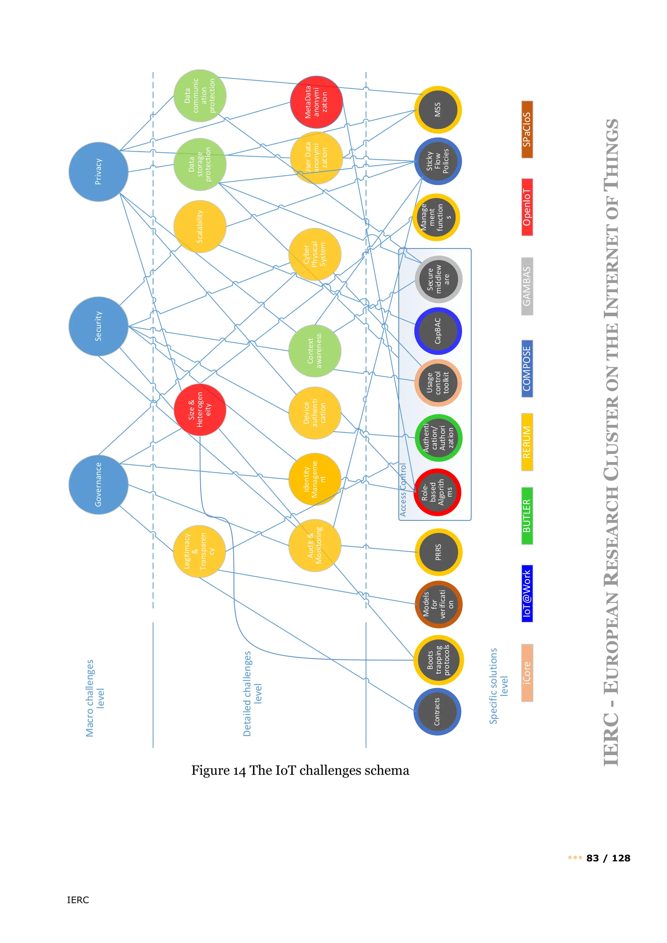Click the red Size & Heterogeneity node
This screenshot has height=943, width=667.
pos(200,410)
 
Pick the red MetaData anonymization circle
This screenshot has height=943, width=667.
pos(316,102)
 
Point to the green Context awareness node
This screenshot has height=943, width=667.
pos(315,351)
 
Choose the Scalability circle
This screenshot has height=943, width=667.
pos(200,226)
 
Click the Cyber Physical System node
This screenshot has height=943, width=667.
pos(315,254)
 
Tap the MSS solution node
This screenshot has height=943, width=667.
pos(438,110)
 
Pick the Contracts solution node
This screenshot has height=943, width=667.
pos(437,711)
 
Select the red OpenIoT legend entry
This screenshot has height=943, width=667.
pos(527,207)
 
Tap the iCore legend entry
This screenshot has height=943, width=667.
pos(527,673)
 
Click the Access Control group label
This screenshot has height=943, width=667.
pos(403,489)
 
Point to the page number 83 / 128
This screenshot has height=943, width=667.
pos(608,858)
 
